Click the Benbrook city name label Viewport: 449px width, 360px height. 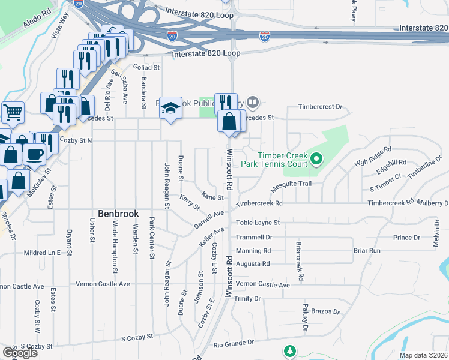(119, 214)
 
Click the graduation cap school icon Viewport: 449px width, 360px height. (171, 109)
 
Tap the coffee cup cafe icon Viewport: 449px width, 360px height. (35, 154)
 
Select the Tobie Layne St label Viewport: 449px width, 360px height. (258, 222)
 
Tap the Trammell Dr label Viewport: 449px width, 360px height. (254, 237)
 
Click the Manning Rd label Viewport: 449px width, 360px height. (253, 250)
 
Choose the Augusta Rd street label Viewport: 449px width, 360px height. (253, 263)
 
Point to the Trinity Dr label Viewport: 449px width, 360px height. (247, 298)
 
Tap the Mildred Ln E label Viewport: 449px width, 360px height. (42, 253)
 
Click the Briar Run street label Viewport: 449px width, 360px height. (367, 250)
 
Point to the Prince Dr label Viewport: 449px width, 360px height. (406, 238)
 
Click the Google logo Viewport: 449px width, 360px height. (20, 353)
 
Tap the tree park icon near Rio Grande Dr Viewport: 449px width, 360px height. (290, 350)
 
